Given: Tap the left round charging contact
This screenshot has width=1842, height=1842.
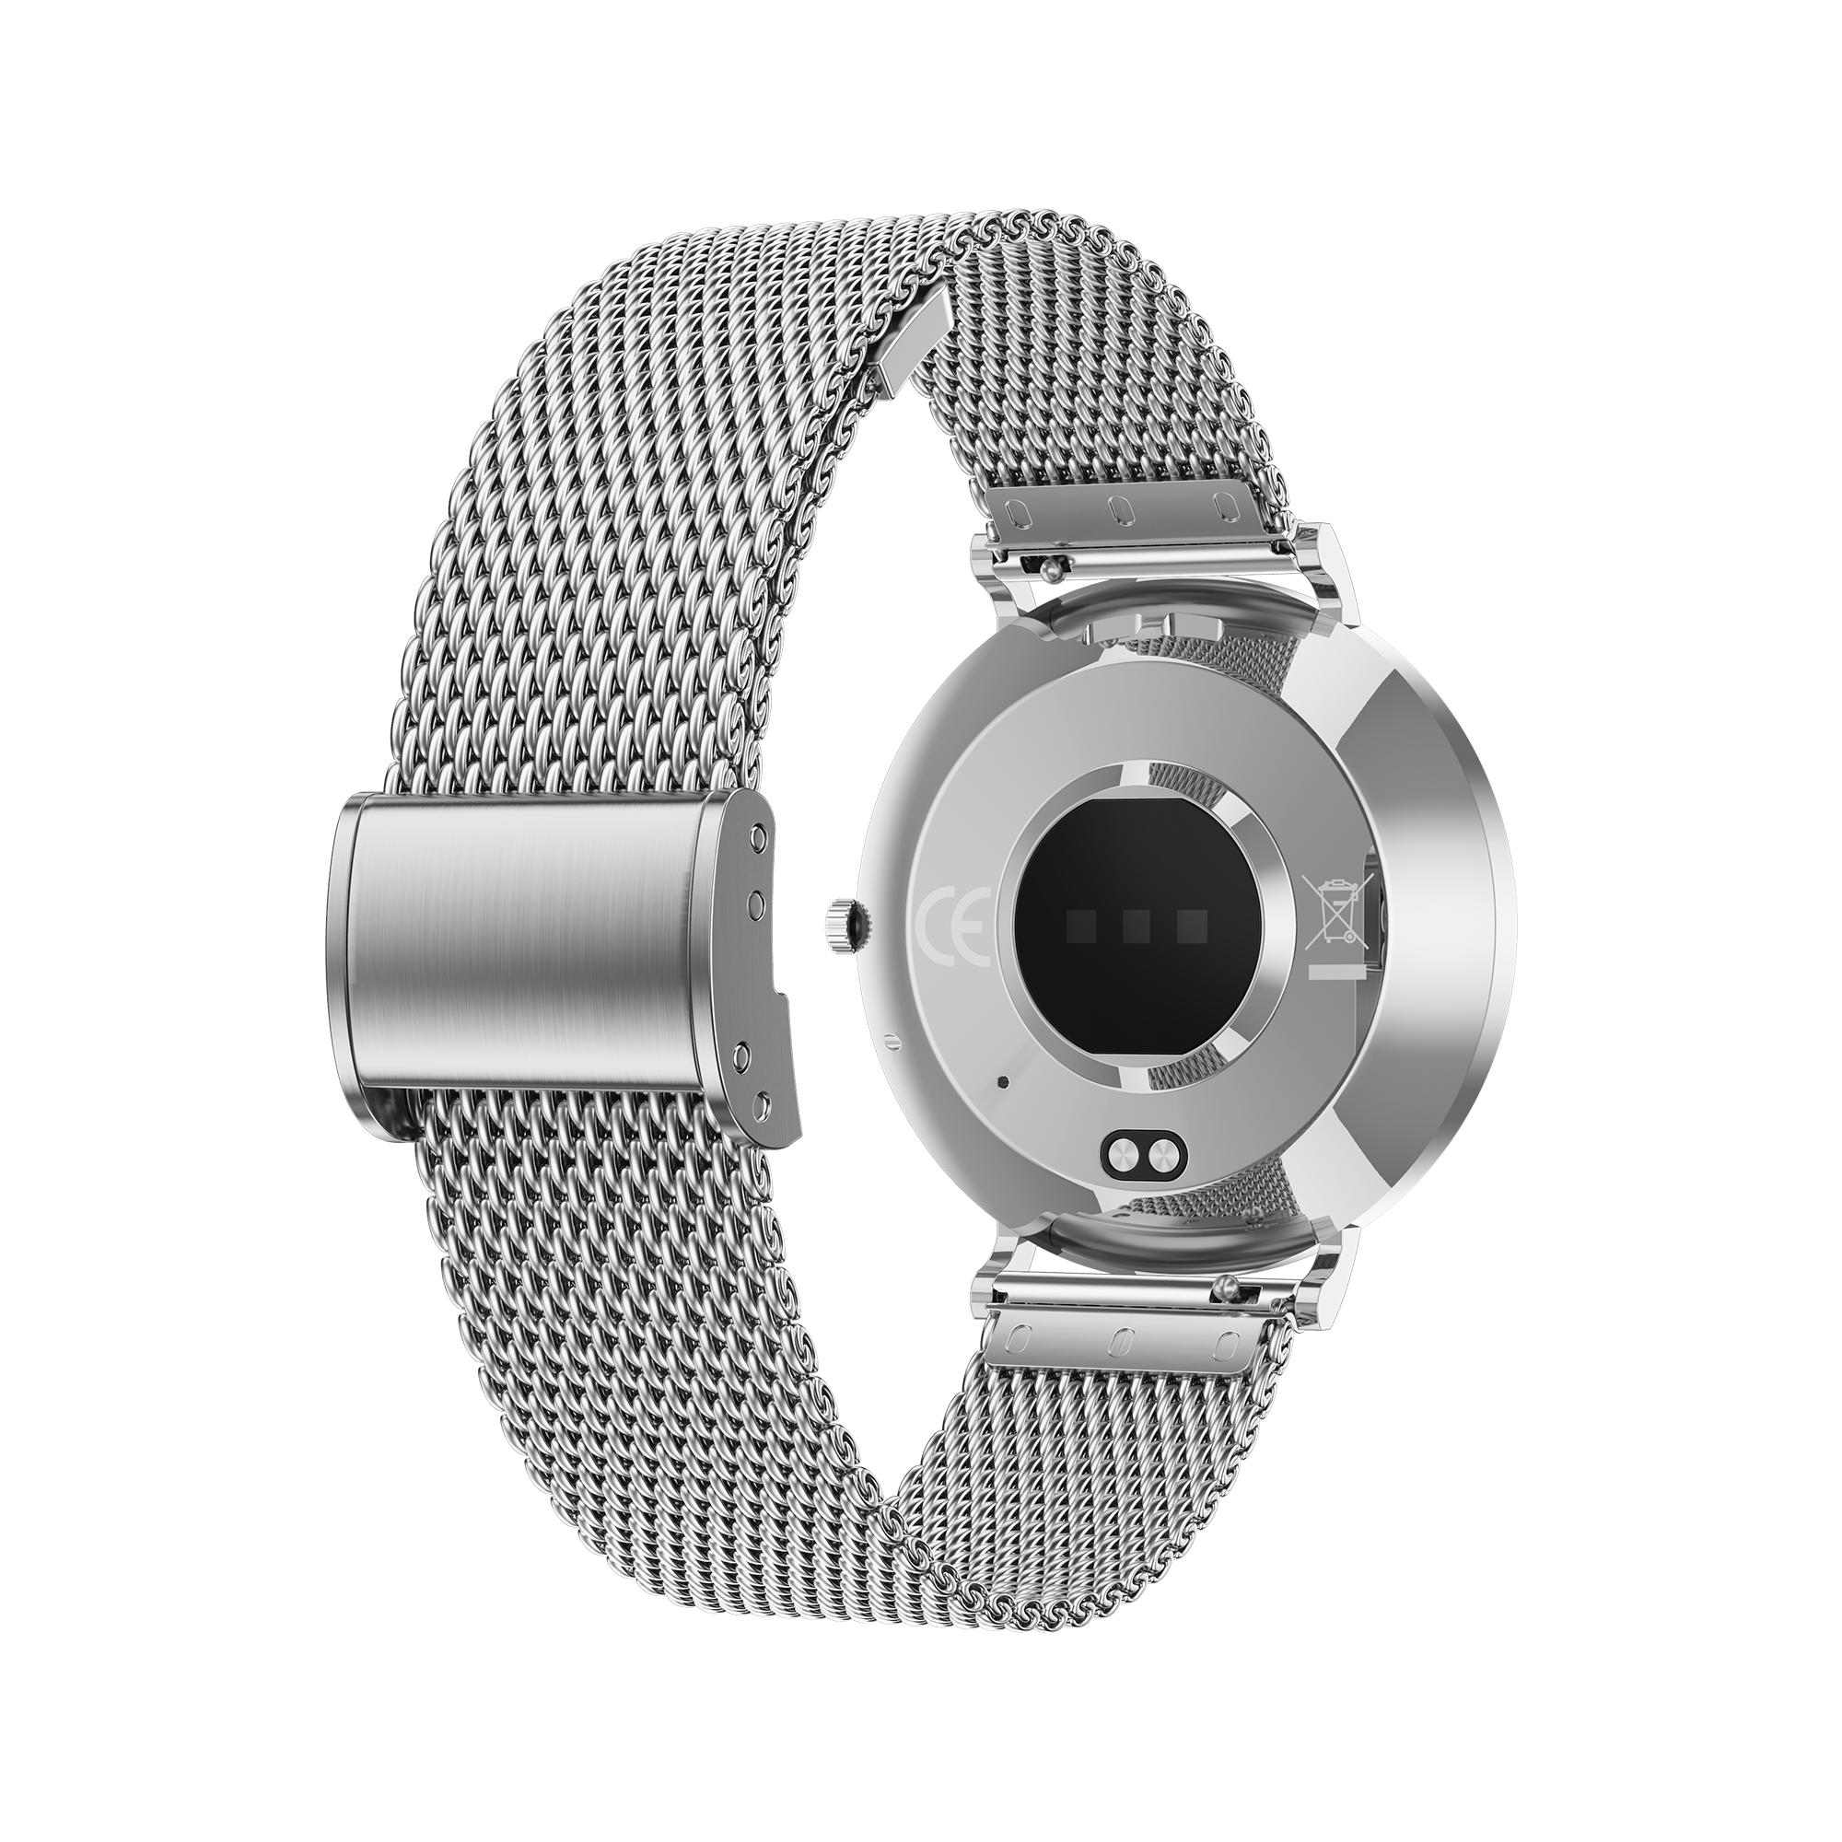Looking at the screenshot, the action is (x=1122, y=1158).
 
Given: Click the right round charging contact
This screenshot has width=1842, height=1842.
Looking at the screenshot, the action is (x=1160, y=1158).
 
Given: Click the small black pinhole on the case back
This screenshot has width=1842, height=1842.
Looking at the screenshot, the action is (x=1002, y=1082).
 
